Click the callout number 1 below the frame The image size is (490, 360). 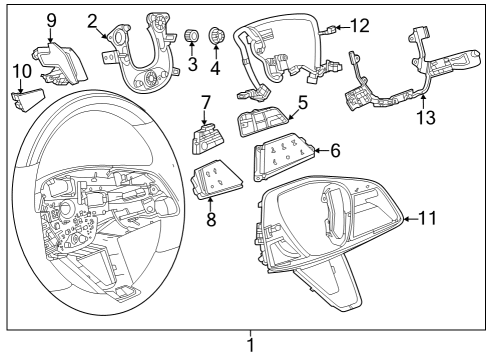(250, 346)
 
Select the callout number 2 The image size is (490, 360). (92, 21)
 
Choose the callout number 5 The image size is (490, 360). (301, 102)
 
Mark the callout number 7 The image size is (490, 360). (205, 102)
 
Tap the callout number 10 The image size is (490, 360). (21, 71)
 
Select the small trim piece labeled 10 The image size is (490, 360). (28, 98)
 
